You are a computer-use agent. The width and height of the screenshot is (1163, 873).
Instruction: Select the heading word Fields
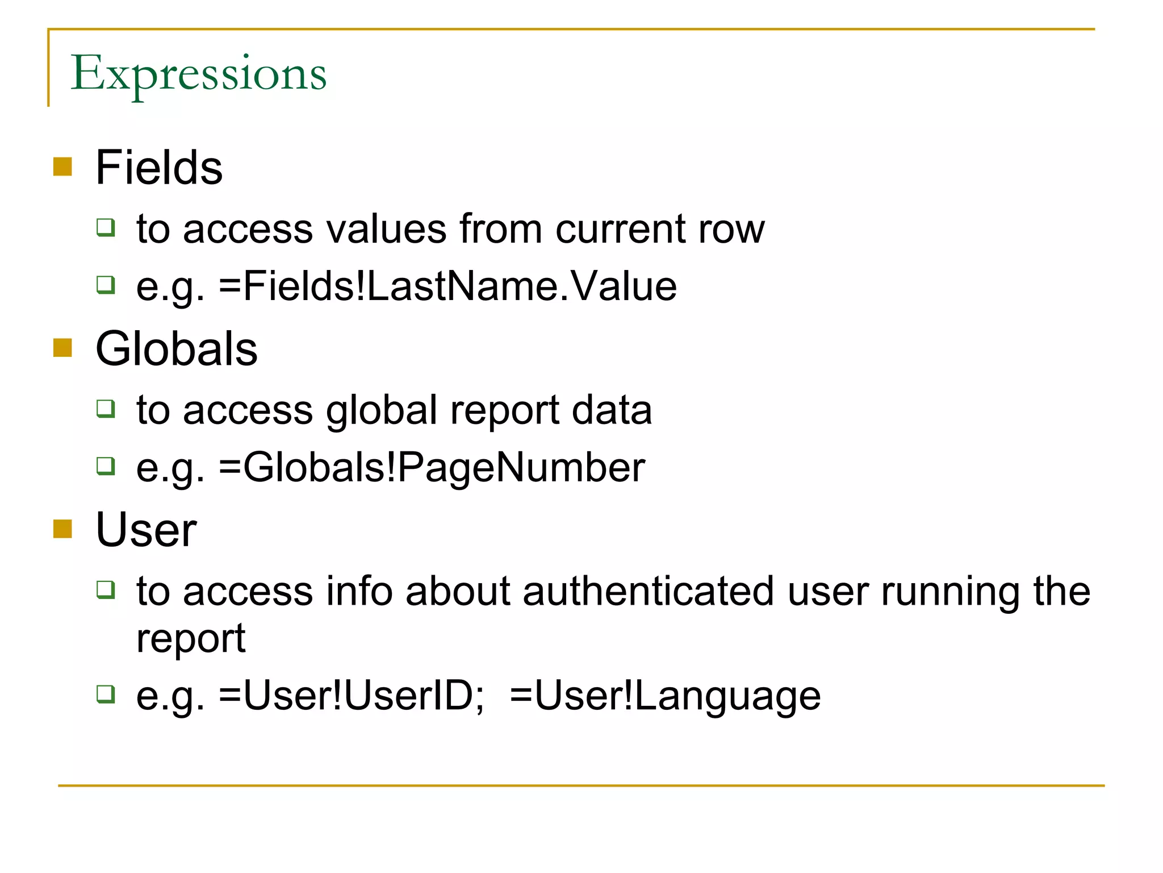(159, 168)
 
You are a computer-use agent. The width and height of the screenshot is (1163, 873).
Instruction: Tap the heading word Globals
(177, 349)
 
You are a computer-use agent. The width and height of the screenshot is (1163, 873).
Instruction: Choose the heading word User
(146, 530)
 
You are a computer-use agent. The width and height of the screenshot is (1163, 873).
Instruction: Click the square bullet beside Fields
(62, 167)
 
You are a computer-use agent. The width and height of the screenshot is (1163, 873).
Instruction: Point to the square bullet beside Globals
(62, 348)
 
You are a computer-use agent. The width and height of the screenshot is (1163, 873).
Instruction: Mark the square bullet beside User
(62, 529)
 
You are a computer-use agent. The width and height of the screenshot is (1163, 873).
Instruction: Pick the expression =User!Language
(665, 696)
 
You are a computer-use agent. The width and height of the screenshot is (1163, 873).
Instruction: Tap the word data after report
(612, 410)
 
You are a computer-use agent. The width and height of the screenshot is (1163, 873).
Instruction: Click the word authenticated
(649, 592)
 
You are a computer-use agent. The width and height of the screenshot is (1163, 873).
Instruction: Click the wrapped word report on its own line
(191, 639)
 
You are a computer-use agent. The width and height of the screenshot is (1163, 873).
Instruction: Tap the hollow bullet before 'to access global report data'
(106, 409)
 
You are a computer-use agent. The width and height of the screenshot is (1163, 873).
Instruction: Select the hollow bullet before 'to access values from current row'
(106, 227)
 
